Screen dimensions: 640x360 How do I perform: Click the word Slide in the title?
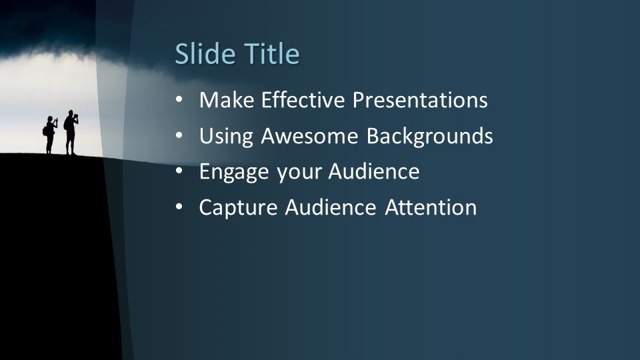[x=205, y=53]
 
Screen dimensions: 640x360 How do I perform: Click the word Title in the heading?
[x=272, y=53]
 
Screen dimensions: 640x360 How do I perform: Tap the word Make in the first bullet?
[x=227, y=100]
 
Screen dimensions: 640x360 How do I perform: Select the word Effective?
[x=303, y=100]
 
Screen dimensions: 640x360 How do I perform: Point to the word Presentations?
[x=420, y=100]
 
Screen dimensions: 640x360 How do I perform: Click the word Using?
[x=226, y=137]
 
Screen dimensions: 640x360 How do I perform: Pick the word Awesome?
[x=309, y=136]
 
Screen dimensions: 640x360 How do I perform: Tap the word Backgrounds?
[x=429, y=137]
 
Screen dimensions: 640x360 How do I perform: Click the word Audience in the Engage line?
[x=374, y=171]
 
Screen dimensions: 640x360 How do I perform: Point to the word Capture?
[x=238, y=208]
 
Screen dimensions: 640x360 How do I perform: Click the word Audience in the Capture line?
[x=331, y=207]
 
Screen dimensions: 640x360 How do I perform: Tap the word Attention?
[x=431, y=207]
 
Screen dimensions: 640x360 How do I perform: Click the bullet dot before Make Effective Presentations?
[x=179, y=100]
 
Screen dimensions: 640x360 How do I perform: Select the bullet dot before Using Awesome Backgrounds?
[x=179, y=136]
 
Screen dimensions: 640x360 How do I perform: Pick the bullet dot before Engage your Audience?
[x=179, y=171]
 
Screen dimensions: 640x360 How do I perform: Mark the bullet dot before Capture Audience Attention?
[x=179, y=207]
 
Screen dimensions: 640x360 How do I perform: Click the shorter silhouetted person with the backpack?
[x=50, y=135]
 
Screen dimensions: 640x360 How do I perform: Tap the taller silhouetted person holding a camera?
[x=71, y=132]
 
